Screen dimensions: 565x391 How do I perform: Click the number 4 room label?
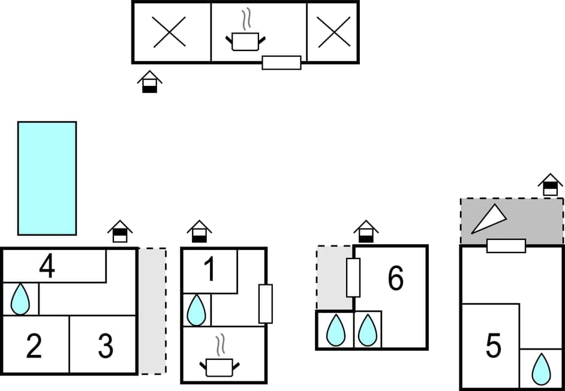click(47, 266)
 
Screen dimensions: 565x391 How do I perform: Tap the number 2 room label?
click(34, 346)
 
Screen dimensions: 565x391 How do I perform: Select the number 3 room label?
click(106, 346)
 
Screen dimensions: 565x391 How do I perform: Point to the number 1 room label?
click(209, 270)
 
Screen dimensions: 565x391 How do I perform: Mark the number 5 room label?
click(493, 346)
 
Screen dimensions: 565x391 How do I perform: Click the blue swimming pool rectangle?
click(47, 178)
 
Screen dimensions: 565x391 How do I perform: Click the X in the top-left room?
click(169, 32)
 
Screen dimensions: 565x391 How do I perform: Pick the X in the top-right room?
click(334, 32)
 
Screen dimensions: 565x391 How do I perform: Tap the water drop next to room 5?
click(541, 369)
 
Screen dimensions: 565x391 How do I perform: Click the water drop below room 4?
click(20, 299)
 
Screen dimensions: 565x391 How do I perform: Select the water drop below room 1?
click(196, 310)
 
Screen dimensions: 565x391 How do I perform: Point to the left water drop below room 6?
click(335, 330)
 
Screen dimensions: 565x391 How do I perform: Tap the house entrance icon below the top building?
click(149, 82)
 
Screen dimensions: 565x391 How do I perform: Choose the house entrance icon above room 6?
click(365, 231)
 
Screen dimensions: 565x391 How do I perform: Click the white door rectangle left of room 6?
click(353, 278)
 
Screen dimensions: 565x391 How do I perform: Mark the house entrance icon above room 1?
click(199, 231)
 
